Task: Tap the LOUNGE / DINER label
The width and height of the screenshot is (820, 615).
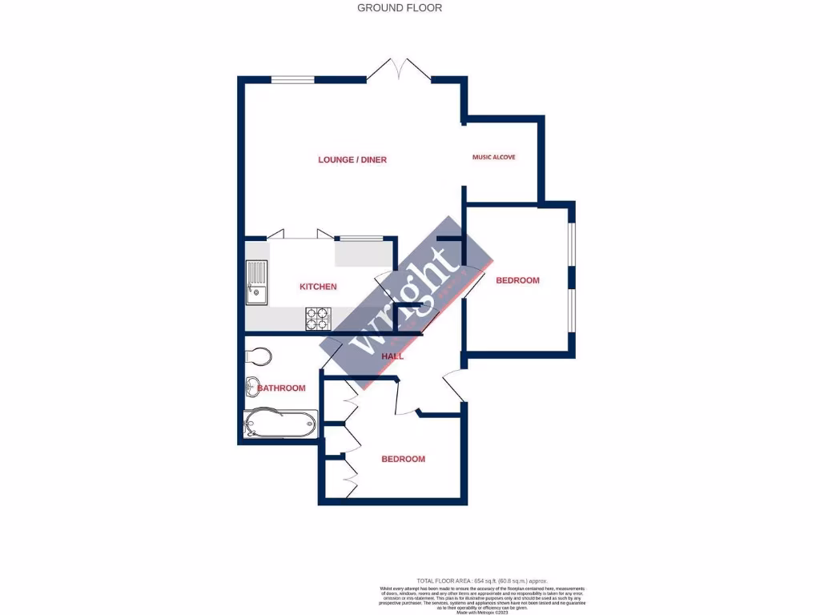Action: pyautogui.click(x=352, y=160)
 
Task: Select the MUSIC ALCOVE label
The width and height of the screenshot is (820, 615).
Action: pyautogui.click(x=493, y=157)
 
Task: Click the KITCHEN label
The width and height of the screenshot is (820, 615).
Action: pyautogui.click(x=318, y=287)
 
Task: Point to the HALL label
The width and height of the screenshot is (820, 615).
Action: pyautogui.click(x=392, y=356)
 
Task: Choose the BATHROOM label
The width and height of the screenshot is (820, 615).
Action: pyautogui.click(x=281, y=388)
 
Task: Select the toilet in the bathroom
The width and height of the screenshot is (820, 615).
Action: pyautogui.click(x=259, y=355)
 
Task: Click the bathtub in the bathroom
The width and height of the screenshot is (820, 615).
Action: pyautogui.click(x=280, y=422)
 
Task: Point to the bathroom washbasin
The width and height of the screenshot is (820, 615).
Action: pyautogui.click(x=252, y=385)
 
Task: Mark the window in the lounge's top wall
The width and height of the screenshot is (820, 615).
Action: pyautogui.click(x=292, y=78)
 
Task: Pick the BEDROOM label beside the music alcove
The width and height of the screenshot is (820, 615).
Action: pyautogui.click(x=517, y=280)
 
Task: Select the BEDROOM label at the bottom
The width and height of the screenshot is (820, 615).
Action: pyautogui.click(x=403, y=459)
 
